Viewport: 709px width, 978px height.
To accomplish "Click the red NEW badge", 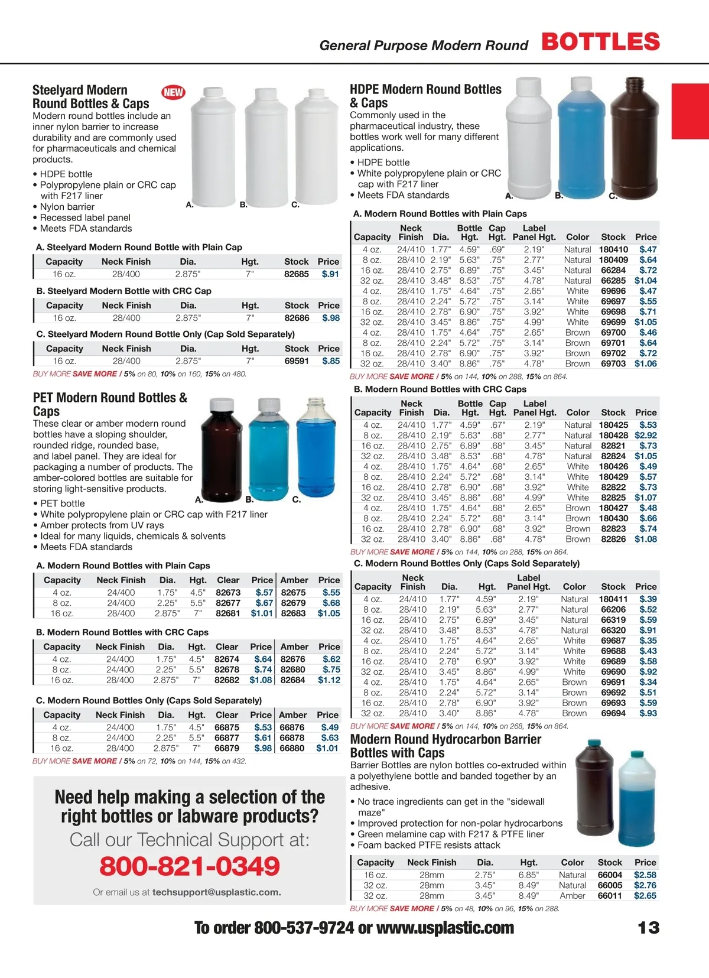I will pos(173,92).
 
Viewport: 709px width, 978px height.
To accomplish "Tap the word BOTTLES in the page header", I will pos(600,42).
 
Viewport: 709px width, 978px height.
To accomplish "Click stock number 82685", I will pos(297,274).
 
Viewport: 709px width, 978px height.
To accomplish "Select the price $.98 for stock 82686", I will pos(331,318).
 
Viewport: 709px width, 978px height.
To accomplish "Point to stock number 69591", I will pos(297,361).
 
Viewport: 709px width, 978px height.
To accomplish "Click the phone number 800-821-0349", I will pos(190,866).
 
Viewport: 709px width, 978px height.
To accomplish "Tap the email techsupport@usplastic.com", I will pos(216,892).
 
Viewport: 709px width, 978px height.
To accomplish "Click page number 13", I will pos(648,928).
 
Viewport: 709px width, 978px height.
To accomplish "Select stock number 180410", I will pos(613,250).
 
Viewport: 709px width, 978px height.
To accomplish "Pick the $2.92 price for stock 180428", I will pos(646,436).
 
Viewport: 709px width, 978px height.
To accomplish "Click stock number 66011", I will pos(610,896).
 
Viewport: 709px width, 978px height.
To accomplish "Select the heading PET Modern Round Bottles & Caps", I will pos(110,404).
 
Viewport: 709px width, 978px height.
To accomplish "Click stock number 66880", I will pos(292,748).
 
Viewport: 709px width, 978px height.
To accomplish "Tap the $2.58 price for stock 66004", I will pos(645,875).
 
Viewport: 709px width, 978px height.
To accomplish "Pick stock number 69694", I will pos(613,713).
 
